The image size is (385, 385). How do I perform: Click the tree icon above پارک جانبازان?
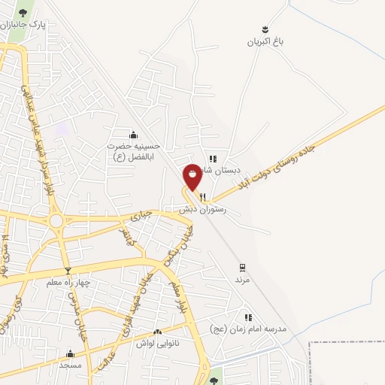[x=23, y=12]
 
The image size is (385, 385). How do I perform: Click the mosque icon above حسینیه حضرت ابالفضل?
[x=133, y=135]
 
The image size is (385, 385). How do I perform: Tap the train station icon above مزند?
[x=241, y=267]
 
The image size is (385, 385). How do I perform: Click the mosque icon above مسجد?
[x=71, y=353]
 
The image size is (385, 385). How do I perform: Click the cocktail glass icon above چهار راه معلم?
[x=68, y=271]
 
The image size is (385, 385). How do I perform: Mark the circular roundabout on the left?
[x=56, y=221]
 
